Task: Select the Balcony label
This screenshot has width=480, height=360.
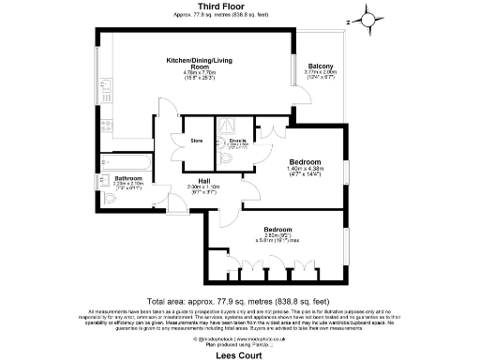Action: point(320,66)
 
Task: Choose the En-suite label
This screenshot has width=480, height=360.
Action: point(237,142)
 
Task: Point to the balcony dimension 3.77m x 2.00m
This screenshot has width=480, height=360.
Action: point(320,73)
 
